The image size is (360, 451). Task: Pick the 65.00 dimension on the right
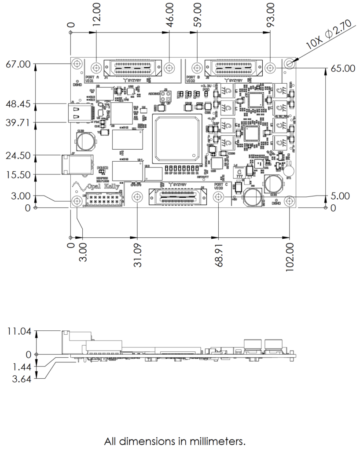click(343, 69)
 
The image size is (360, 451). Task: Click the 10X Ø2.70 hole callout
click(328, 35)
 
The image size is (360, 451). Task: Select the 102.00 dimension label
click(290, 257)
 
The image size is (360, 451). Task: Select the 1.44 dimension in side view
click(18, 366)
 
